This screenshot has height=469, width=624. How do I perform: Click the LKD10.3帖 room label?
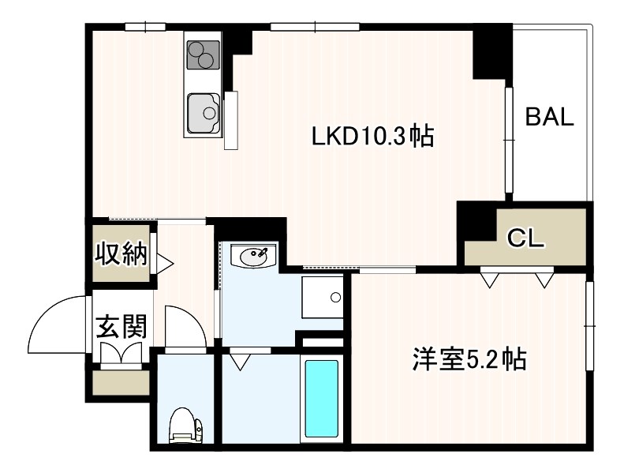372,137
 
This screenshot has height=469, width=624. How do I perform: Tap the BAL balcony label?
550,118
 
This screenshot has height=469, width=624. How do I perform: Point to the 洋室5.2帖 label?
469,360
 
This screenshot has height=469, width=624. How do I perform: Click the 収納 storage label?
121,254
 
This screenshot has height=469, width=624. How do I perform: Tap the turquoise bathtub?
321,400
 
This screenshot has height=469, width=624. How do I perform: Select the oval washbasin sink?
253,255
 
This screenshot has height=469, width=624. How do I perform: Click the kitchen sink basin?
203,114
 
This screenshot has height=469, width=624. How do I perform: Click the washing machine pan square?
323,298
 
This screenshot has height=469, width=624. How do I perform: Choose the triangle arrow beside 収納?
164,262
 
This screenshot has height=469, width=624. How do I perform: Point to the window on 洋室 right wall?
589,325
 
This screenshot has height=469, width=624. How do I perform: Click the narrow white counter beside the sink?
230,120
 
